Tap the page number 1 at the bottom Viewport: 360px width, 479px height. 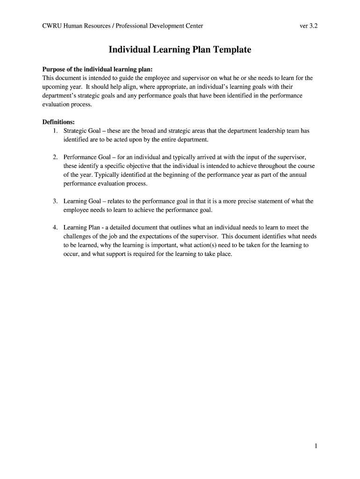(x=316, y=446)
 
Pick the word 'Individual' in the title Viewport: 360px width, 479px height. (x=129, y=50)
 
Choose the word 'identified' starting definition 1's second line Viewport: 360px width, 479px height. (x=76, y=140)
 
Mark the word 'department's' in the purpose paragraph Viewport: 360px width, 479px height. (x=59, y=96)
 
